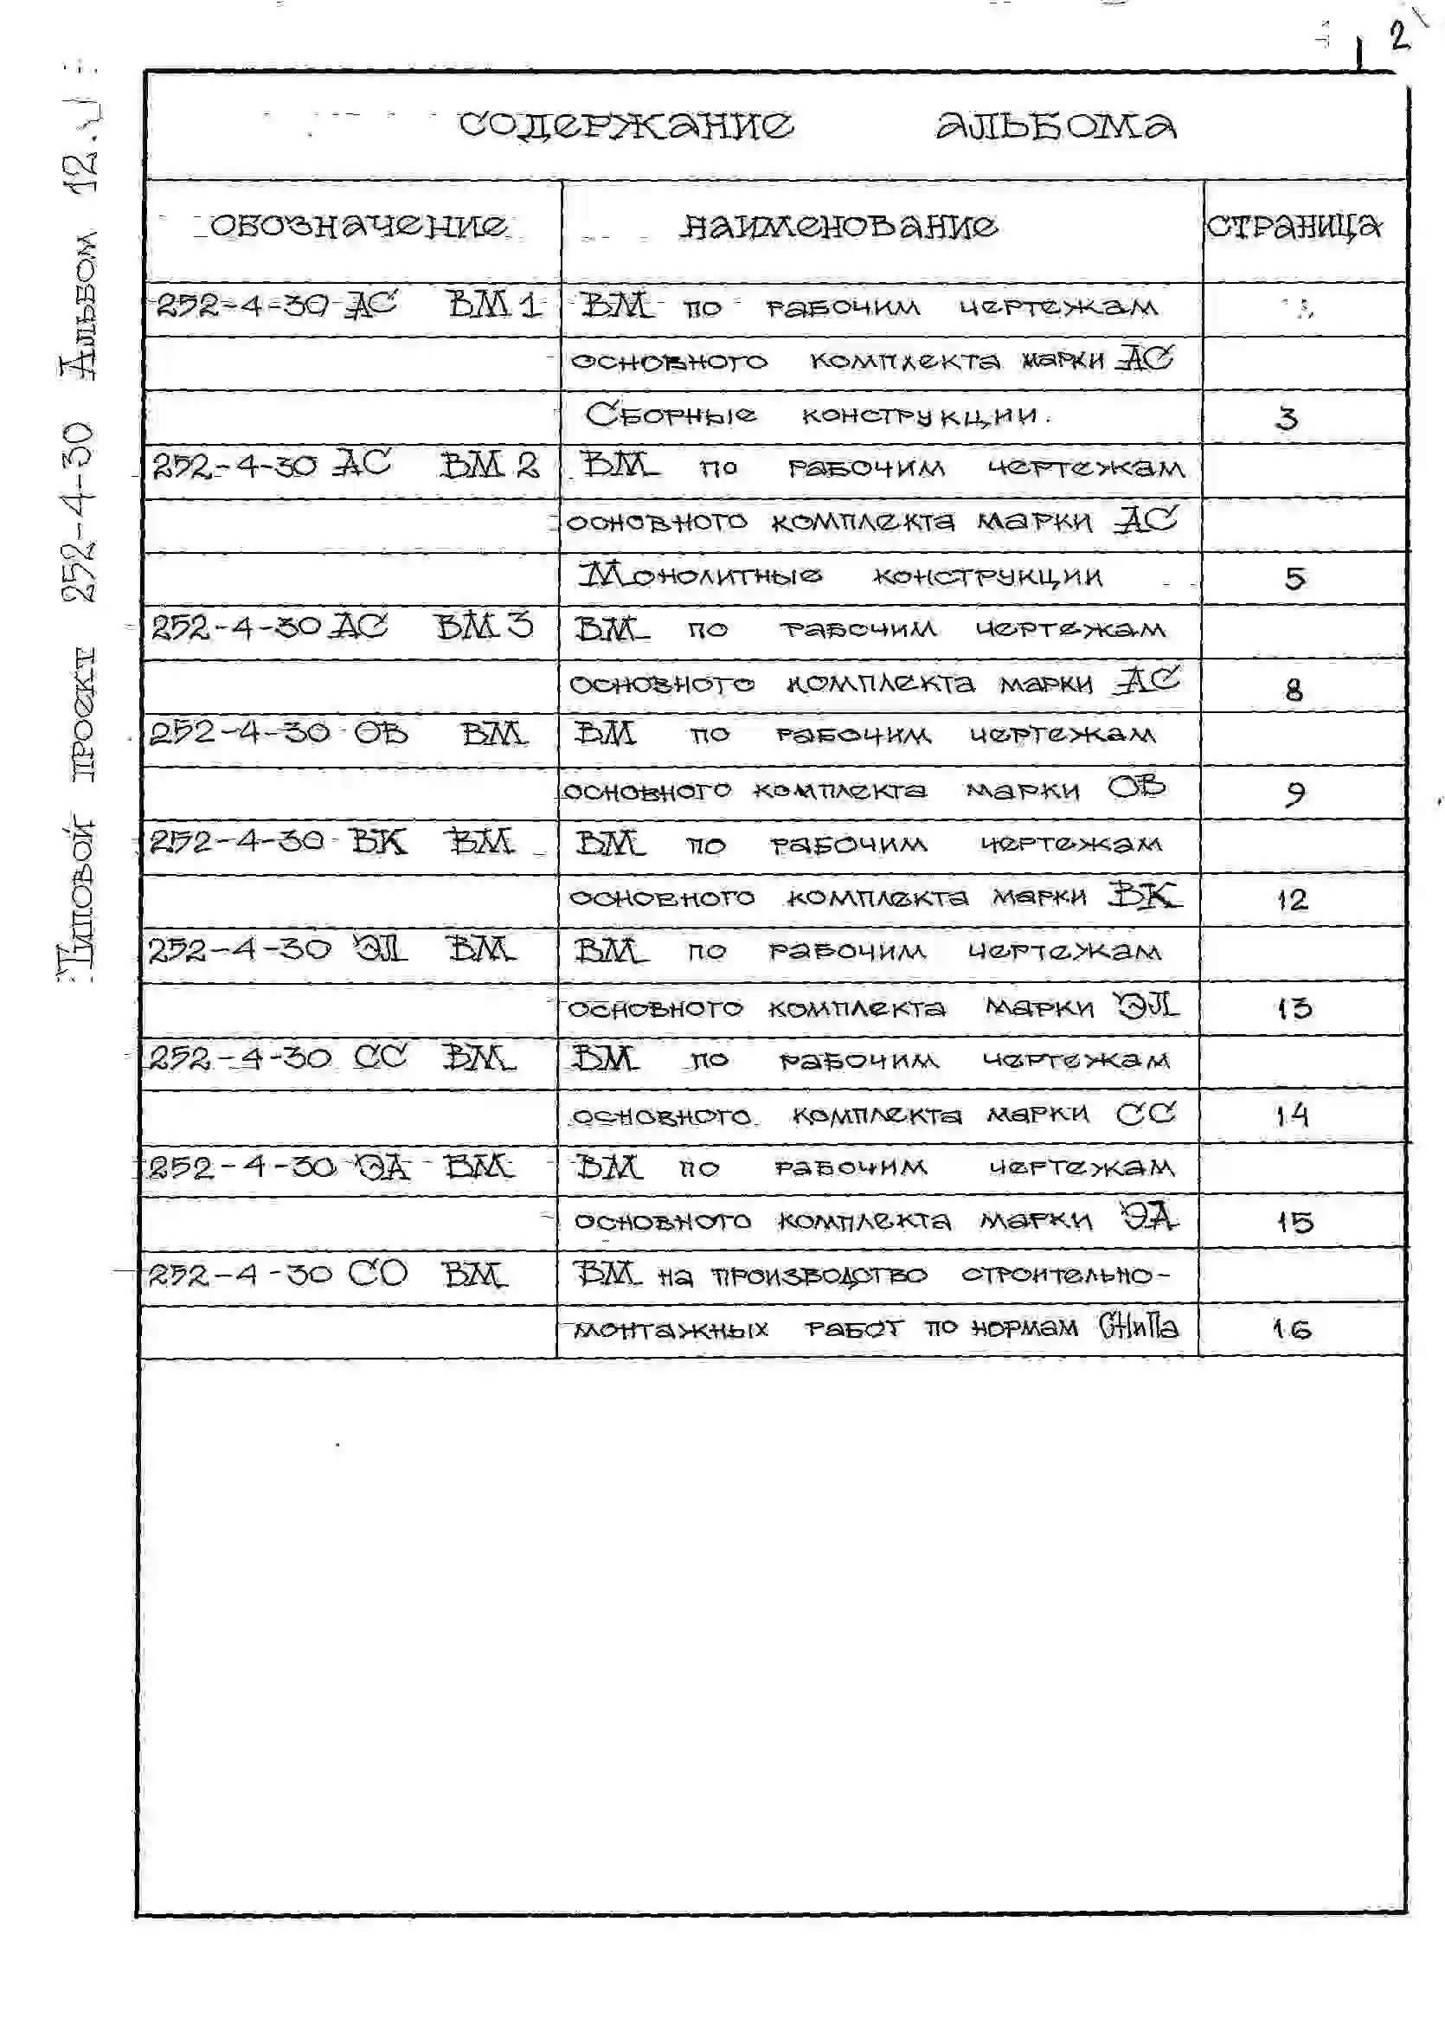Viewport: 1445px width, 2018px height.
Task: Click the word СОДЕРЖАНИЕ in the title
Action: coord(626,125)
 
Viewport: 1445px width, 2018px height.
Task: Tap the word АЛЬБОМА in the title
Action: coord(1056,127)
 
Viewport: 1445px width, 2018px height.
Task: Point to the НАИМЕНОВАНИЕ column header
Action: coord(838,227)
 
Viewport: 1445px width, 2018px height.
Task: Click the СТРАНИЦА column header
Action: coord(1294,227)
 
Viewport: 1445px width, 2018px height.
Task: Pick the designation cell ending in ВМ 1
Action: coord(349,307)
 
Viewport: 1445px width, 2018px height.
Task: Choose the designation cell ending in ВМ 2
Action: coord(346,466)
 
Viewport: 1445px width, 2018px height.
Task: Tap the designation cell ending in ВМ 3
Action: coord(343,627)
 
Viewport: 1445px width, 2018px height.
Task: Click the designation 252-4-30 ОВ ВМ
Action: coord(338,734)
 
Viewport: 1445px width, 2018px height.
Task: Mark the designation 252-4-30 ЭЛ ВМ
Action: coord(331,950)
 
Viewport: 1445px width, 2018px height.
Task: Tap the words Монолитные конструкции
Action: coord(841,576)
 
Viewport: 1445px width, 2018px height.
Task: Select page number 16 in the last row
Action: coord(1292,1329)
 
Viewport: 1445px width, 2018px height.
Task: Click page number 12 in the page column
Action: coord(1293,900)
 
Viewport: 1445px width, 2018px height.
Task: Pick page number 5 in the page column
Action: coord(1294,579)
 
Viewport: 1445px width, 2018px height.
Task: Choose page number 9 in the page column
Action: coord(1294,793)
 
